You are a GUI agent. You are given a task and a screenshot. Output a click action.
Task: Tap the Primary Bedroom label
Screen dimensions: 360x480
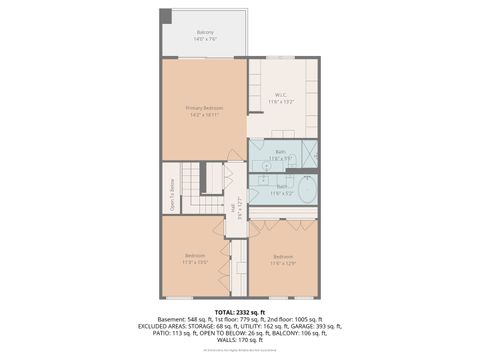coord(204,108)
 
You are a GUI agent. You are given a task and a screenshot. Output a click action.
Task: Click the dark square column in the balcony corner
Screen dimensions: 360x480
coord(167,17)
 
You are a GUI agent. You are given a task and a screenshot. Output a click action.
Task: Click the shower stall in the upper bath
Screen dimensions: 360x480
coord(311,155)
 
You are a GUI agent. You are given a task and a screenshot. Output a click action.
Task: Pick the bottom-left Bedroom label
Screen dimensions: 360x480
coord(193,257)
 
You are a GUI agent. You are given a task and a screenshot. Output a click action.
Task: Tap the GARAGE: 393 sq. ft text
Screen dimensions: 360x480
coord(317,325)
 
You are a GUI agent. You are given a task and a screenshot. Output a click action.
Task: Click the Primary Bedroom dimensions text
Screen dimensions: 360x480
coord(204,114)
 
